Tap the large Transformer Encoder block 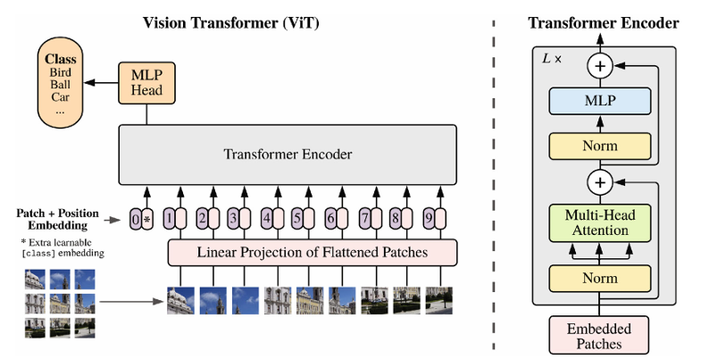[288, 155]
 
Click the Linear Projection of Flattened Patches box [312, 253]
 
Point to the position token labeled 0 [136, 218]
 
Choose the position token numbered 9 [428, 218]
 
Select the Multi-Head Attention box [600, 222]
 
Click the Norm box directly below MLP [600, 145]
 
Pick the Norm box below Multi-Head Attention [600, 278]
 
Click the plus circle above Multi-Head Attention [600, 182]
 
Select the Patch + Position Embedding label [55, 220]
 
